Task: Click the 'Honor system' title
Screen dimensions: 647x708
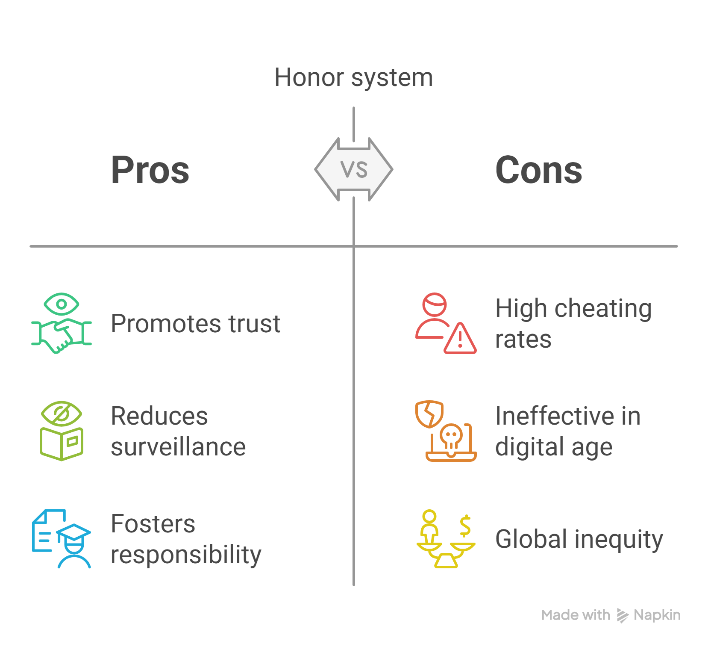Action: point(353,78)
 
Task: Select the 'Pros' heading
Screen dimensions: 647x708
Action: point(150,170)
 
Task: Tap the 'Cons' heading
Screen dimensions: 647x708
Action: point(538,170)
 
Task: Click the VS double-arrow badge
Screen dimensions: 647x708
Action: point(354,169)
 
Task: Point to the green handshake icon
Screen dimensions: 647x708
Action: point(62,323)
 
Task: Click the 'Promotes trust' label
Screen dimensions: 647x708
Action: point(195,323)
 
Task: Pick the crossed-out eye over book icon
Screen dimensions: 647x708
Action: point(62,431)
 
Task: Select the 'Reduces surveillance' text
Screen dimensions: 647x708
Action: point(178,431)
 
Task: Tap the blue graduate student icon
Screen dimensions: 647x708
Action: point(62,538)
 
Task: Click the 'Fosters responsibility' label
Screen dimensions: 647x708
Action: point(185,539)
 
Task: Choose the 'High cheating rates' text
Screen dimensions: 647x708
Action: point(573,323)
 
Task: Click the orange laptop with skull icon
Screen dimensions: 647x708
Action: point(446,431)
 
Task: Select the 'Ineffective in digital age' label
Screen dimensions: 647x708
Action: point(567,431)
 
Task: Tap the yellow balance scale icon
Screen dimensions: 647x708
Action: point(446,538)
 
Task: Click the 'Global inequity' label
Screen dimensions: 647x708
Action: point(579,539)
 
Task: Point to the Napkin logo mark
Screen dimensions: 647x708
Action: point(622,615)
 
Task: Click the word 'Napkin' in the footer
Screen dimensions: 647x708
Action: point(657,615)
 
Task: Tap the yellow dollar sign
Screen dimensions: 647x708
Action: point(465,526)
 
